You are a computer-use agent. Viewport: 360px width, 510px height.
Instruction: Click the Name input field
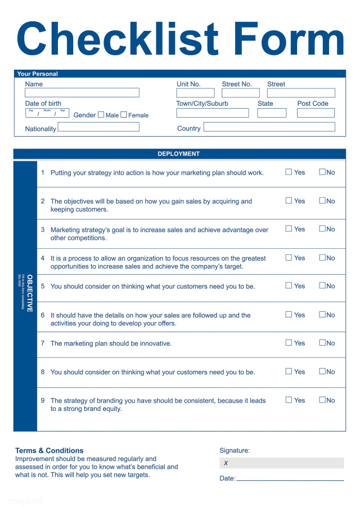point(82,93)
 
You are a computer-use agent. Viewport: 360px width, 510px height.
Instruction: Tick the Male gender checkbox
point(101,115)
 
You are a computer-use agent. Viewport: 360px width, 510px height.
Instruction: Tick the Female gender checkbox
point(124,115)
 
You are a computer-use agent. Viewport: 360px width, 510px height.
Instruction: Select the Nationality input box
point(98,127)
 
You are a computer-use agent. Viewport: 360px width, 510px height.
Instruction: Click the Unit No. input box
point(195,93)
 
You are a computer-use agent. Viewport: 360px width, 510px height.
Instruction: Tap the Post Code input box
point(316,113)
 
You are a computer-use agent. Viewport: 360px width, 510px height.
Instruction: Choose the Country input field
point(269,127)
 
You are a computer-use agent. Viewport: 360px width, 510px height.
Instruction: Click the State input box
point(272,113)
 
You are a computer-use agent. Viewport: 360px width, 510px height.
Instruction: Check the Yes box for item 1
point(289,172)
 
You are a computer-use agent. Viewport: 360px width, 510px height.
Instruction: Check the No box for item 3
point(322,229)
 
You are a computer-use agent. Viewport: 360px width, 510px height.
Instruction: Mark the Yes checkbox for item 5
point(289,285)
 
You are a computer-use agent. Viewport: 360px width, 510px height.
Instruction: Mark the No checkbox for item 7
point(322,342)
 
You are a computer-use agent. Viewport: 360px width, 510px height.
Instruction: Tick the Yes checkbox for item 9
point(289,400)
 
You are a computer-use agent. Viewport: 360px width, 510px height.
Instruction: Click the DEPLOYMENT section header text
point(178,154)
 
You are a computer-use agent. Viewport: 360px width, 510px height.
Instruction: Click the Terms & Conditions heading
point(49,450)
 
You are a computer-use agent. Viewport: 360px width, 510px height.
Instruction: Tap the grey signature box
point(281,463)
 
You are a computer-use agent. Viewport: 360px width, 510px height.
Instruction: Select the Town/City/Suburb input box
point(212,113)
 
